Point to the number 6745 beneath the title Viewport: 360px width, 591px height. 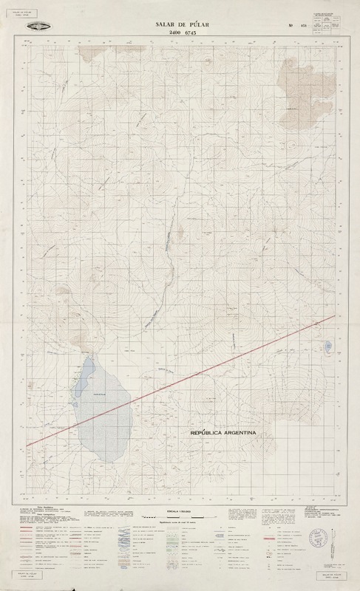195,34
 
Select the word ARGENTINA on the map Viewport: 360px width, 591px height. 239,433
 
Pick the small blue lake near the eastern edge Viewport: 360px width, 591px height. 326,346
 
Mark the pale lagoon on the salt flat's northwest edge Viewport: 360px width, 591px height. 84,370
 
